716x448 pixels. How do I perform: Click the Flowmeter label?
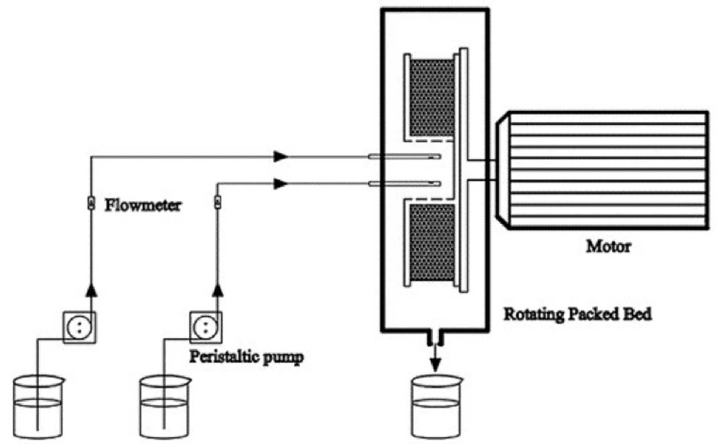tap(143, 205)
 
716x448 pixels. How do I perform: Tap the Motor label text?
tap(608, 246)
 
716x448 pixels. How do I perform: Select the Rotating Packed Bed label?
tap(578, 314)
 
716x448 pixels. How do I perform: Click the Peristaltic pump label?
tap(246, 357)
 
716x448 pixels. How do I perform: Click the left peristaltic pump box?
tap(79, 327)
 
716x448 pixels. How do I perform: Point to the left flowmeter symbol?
tap(92, 204)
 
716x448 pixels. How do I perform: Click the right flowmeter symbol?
tap(218, 203)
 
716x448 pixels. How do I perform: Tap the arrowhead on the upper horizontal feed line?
tap(280, 156)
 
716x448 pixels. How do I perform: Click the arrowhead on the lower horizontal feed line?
tap(280, 184)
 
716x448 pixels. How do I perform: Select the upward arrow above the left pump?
tap(92, 290)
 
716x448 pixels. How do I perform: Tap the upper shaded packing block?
tap(432, 98)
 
